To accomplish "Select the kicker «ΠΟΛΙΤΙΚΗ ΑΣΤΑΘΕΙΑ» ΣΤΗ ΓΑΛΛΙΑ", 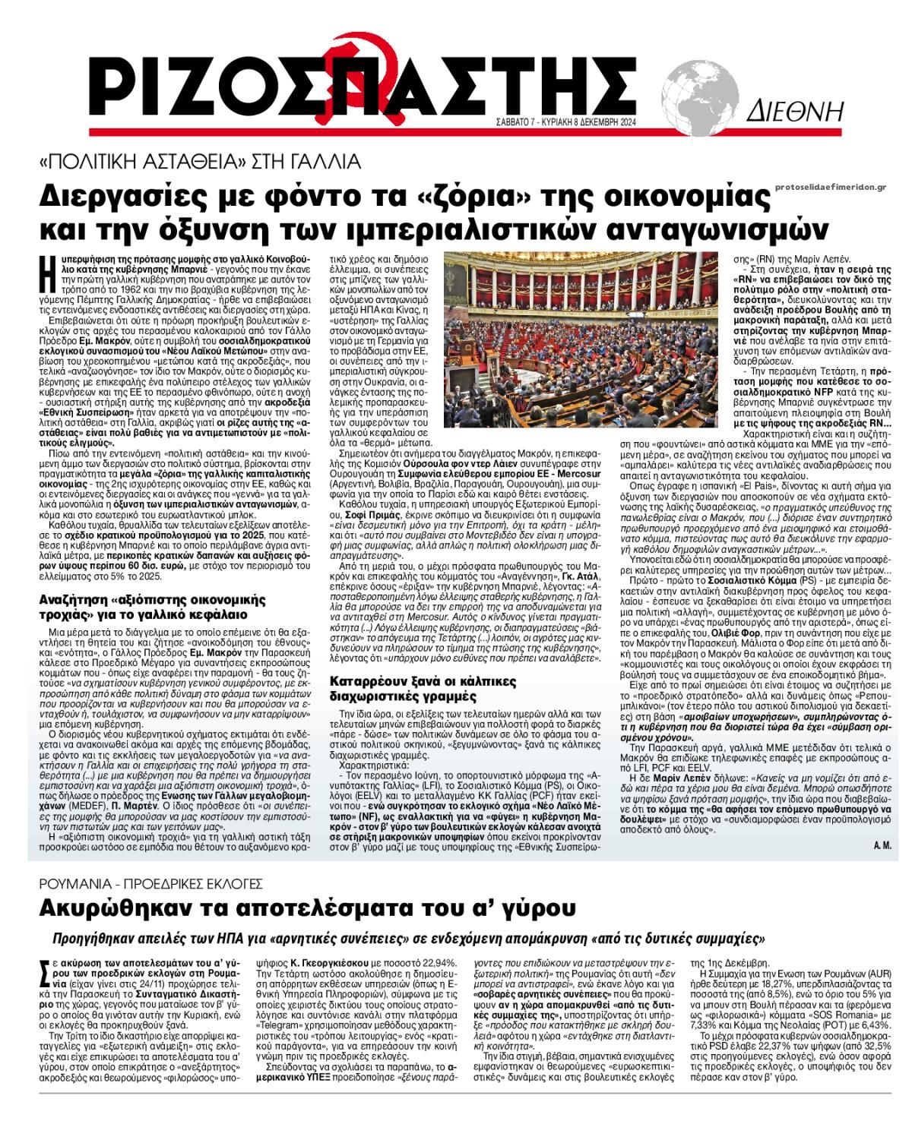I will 201,161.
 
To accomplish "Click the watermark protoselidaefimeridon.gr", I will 831,187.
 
